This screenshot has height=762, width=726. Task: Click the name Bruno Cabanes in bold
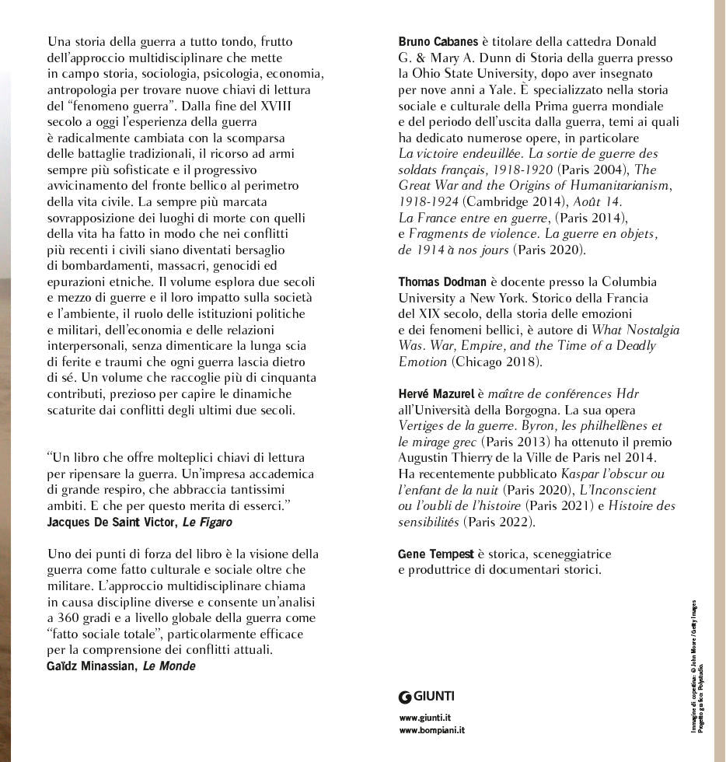(438, 41)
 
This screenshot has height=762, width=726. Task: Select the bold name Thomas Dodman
(442, 281)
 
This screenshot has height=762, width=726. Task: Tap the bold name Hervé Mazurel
(435, 394)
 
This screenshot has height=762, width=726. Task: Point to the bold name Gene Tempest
(435, 554)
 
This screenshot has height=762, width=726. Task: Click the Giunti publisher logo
(427, 696)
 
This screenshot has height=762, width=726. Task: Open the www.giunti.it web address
(425, 718)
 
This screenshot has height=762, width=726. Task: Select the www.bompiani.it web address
(431, 730)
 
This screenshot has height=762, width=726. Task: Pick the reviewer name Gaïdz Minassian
(91, 666)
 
